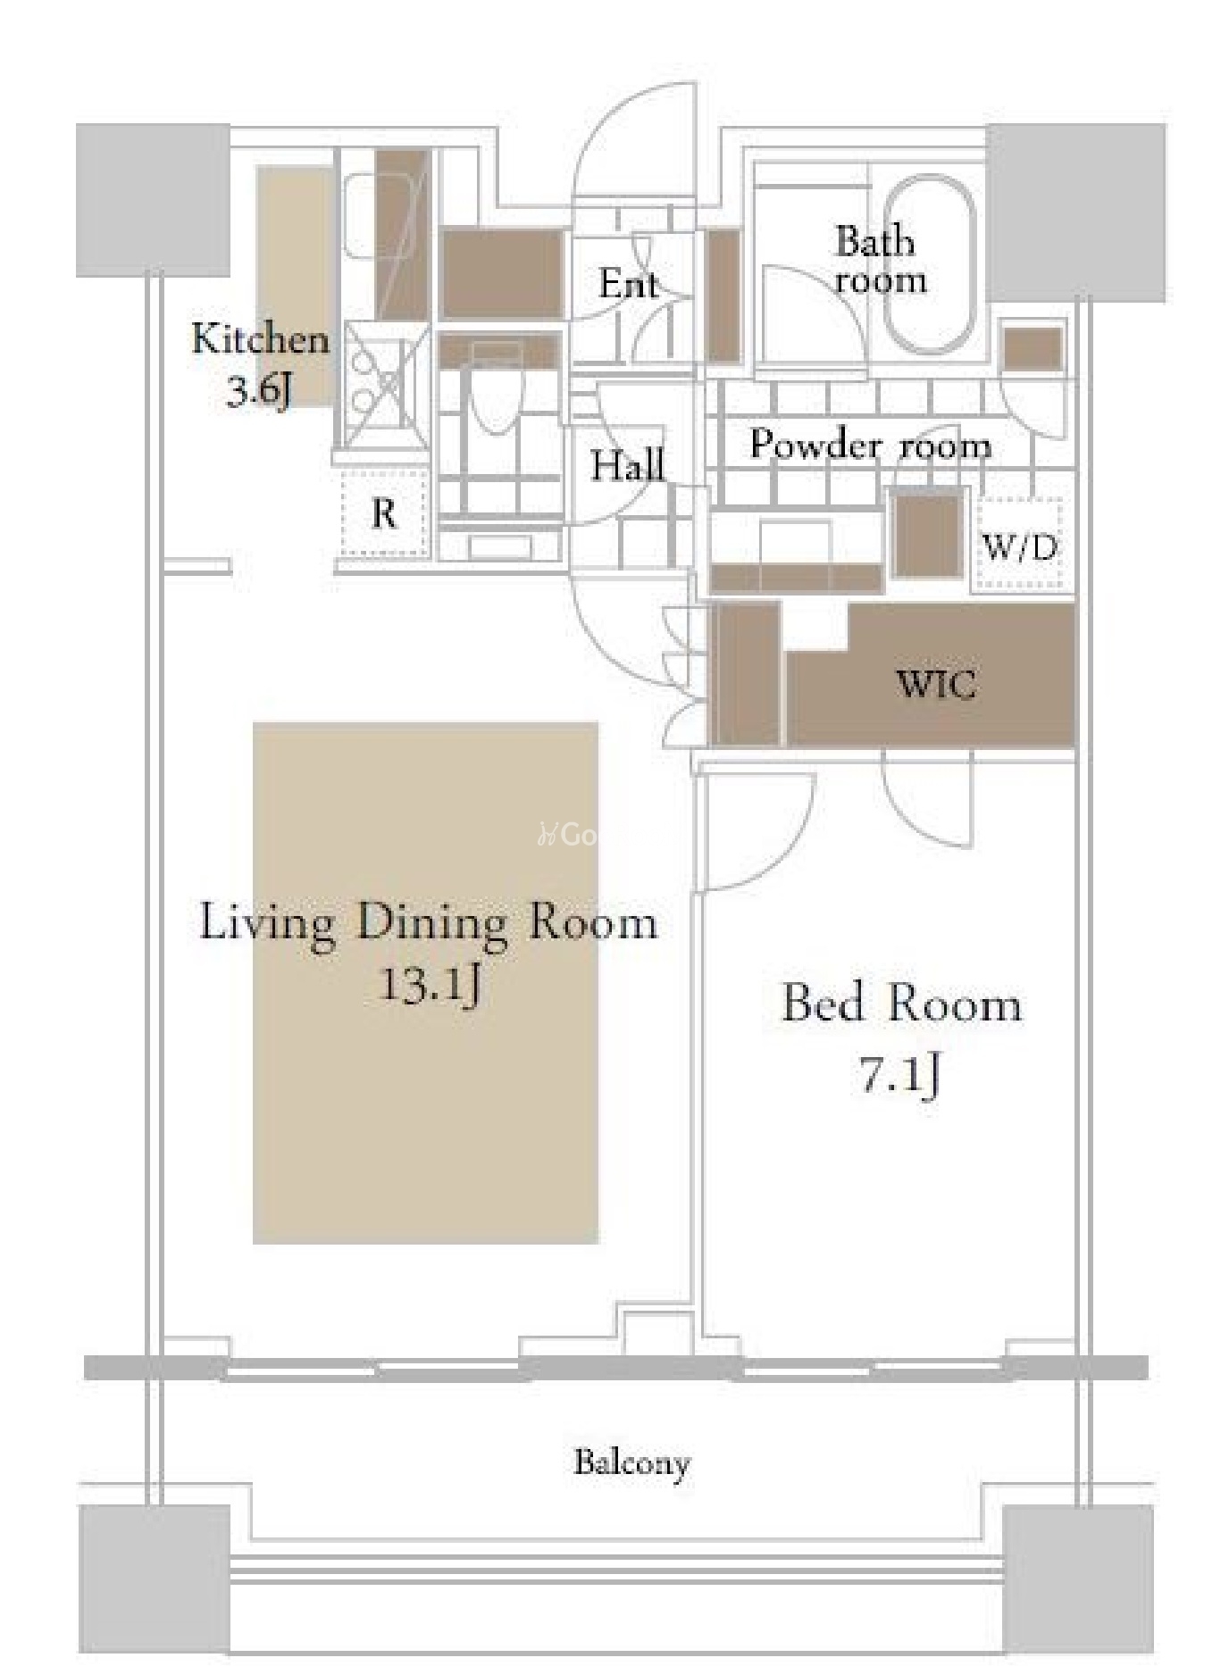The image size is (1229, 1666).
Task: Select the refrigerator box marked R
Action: tap(384, 513)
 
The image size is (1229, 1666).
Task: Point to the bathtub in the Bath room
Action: tap(929, 268)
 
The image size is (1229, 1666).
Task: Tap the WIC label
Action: tap(935, 685)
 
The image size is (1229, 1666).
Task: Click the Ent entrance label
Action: tap(629, 285)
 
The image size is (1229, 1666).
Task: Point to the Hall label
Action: tap(628, 465)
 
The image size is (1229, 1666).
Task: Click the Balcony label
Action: tap(631, 1463)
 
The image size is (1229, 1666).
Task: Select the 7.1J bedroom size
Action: tap(900, 1073)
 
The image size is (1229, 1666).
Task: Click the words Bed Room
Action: tap(902, 1004)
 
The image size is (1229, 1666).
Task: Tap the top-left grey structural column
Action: tap(154, 200)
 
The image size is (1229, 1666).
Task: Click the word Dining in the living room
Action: tap(432, 922)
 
